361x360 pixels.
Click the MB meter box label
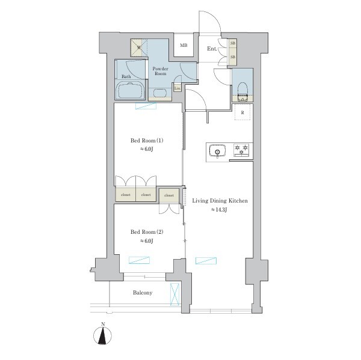pyautogui.click(x=184, y=45)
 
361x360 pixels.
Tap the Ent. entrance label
pyautogui.click(x=212, y=49)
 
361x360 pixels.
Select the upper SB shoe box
pyautogui.click(x=233, y=43)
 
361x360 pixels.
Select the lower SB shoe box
pyautogui.click(x=233, y=56)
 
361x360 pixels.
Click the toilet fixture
pyautogui.click(x=242, y=92)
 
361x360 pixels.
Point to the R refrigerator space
pyautogui.click(x=242, y=112)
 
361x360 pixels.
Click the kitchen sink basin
pyautogui.click(x=217, y=151)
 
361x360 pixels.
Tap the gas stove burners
pyautogui.click(x=241, y=150)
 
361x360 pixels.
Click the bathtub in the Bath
pyautogui.click(x=131, y=91)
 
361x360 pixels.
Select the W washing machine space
pyautogui.click(x=139, y=48)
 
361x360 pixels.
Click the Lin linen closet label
pyautogui.click(x=177, y=88)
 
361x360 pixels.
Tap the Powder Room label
pyautogui.click(x=161, y=71)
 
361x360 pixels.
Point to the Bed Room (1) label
pyautogui.click(x=147, y=140)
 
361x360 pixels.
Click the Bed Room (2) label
pyautogui.click(x=147, y=232)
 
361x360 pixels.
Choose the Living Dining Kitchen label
pyautogui.click(x=220, y=201)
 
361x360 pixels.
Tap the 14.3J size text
pyautogui.click(x=219, y=210)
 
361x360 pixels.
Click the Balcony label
pyautogui.click(x=143, y=293)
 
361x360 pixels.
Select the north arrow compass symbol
pyautogui.click(x=103, y=335)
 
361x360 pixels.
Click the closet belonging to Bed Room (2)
pyautogui.click(x=169, y=195)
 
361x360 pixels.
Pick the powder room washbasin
pyautogui.click(x=160, y=93)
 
